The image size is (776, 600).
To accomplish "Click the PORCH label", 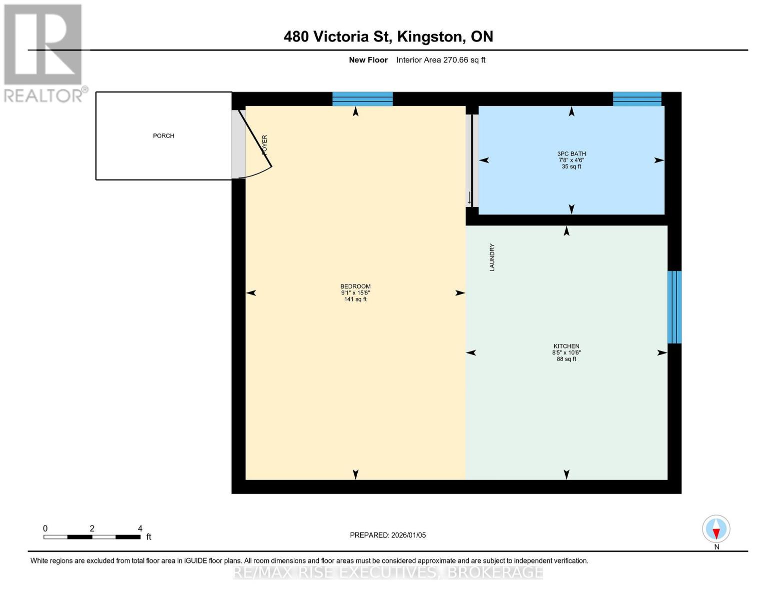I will pyautogui.click(x=163, y=136).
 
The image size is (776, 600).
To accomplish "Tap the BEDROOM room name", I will pyautogui.click(x=355, y=286).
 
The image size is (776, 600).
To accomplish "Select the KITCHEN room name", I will pyautogui.click(x=566, y=346).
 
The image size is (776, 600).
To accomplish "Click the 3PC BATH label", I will pyautogui.click(x=571, y=154).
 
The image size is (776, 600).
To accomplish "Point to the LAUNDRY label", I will pyautogui.click(x=492, y=257).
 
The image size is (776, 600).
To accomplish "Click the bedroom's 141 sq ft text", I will pyautogui.click(x=355, y=299).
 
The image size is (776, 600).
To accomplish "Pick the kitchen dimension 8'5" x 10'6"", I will pyautogui.click(x=566, y=352).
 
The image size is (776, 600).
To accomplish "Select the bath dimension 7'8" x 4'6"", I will pyautogui.click(x=571, y=160).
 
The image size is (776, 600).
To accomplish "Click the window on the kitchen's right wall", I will pyautogui.click(x=674, y=307).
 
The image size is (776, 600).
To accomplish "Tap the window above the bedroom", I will pyautogui.click(x=362, y=99).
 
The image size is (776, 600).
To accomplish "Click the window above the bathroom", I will pyautogui.click(x=637, y=99).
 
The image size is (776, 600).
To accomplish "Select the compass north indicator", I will pyautogui.click(x=716, y=529).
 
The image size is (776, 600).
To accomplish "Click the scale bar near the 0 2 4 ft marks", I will pyautogui.click(x=92, y=537).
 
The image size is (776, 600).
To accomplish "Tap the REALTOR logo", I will pyautogui.click(x=43, y=53).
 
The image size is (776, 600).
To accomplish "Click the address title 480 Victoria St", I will pyautogui.click(x=388, y=36).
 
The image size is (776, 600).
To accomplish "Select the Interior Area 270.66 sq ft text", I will pyautogui.click(x=441, y=60).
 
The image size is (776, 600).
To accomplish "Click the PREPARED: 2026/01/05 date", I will pyautogui.click(x=388, y=535).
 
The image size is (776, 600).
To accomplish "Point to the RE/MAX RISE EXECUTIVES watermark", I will pyautogui.click(x=388, y=572).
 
